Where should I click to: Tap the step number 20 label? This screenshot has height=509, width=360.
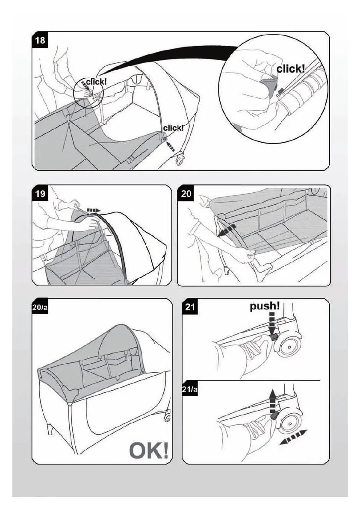click(x=186, y=194)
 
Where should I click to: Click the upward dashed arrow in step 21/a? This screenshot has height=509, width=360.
click(x=272, y=400)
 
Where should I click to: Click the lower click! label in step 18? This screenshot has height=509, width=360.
click(x=173, y=127)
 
